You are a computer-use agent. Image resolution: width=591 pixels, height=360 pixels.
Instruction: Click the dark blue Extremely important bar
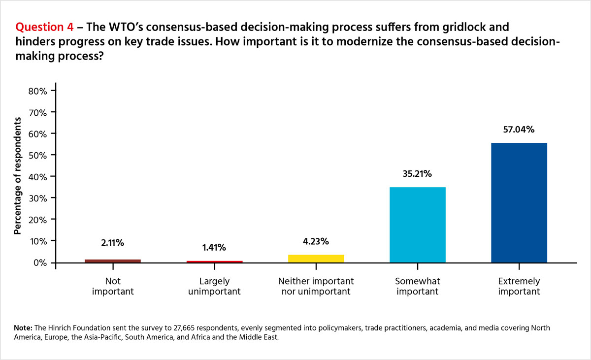pyautogui.click(x=519, y=202)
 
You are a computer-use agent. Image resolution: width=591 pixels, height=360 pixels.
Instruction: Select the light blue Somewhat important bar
pyautogui.click(x=417, y=225)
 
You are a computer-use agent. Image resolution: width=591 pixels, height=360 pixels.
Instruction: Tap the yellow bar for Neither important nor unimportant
pyautogui.click(x=316, y=258)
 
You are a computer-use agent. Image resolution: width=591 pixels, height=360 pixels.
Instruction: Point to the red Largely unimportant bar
pyautogui.click(x=215, y=261)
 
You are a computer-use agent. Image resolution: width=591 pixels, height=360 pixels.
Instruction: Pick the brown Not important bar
pyautogui.click(x=113, y=261)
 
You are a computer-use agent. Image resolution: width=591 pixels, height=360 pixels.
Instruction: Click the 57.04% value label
pyautogui.click(x=519, y=130)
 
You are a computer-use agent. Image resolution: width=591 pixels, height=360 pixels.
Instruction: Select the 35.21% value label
pyautogui.click(x=417, y=174)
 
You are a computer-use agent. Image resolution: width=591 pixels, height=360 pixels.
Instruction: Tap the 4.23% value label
pyautogui.click(x=316, y=241)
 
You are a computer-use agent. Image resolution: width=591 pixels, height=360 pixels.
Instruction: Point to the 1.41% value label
pyautogui.click(x=215, y=248)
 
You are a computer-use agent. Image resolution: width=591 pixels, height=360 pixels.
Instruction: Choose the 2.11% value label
pyautogui.click(x=113, y=242)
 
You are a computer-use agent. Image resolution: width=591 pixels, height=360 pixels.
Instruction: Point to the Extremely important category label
pyautogui.click(x=519, y=286)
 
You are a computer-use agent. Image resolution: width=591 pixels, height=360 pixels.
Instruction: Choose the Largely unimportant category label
pyautogui.click(x=215, y=286)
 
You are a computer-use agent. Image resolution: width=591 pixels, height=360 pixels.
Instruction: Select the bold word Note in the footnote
pyautogui.click(x=24, y=327)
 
